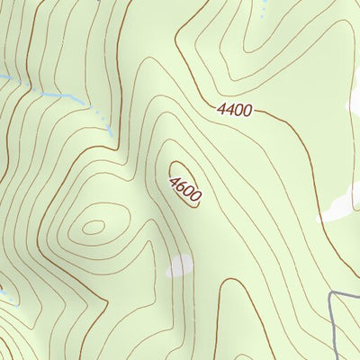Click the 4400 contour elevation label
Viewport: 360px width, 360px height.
click(235, 110)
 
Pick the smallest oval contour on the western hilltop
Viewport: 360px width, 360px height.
click(93, 227)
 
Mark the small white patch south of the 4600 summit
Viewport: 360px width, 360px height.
click(179, 265)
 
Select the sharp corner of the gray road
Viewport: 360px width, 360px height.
click(332, 294)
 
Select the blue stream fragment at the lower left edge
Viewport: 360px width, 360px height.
click(4, 291)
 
